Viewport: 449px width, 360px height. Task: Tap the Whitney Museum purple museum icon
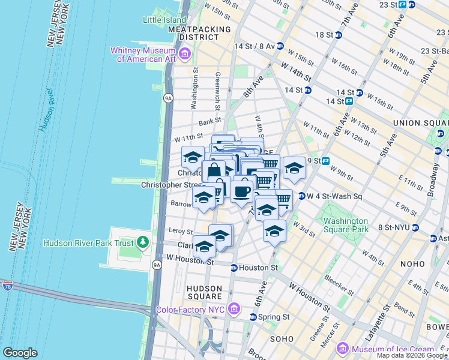pyautogui.click(x=184, y=55)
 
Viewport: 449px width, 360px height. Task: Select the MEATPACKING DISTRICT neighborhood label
pyautogui.click(x=199, y=32)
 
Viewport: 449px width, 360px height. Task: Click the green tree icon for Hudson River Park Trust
pyautogui.click(x=142, y=242)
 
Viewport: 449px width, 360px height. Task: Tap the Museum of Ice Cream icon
pyautogui.click(x=343, y=349)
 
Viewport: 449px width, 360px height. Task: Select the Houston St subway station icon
pyautogui.click(x=234, y=268)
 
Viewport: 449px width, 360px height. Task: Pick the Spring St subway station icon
pyautogui.click(x=253, y=317)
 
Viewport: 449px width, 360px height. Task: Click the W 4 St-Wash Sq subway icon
pyautogui.click(x=301, y=196)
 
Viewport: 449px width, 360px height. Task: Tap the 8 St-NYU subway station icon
pyautogui.click(x=415, y=227)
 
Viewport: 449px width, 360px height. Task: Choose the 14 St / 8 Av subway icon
pyautogui.click(x=280, y=46)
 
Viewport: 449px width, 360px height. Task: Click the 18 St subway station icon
pyautogui.click(x=338, y=35)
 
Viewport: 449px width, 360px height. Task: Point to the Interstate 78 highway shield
pyautogui.click(x=7, y=286)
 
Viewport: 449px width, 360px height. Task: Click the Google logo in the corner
pyautogui.click(x=19, y=353)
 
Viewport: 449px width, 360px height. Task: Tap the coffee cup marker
pyautogui.click(x=241, y=191)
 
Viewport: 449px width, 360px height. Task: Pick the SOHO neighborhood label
pyautogui.click(x=281, y=339)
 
